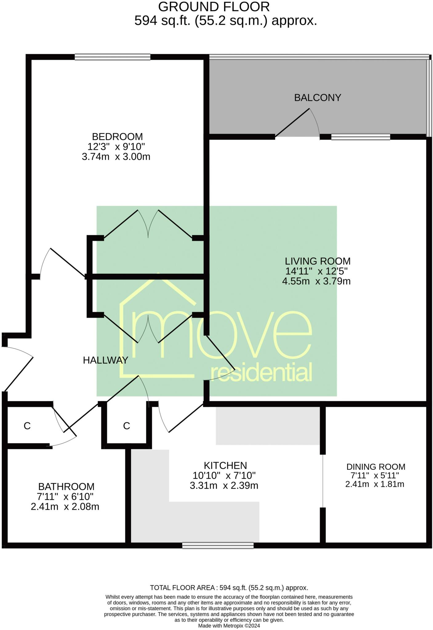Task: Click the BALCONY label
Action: [318, 98]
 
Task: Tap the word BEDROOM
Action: [117, 136]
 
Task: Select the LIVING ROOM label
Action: [318, 261]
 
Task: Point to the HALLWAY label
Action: [105, 360]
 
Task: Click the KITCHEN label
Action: [225, 465]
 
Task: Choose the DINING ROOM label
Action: [375, 467]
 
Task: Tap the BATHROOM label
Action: [66, 487]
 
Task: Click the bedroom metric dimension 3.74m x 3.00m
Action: [116, 157]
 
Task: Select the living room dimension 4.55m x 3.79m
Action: [316, 281]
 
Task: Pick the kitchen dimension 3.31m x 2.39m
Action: [224, 486]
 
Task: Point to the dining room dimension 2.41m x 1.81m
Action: [375, 484]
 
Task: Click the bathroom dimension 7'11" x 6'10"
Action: [66, 496]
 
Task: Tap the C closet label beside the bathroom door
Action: [27, 426]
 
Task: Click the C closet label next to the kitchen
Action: [126, 426]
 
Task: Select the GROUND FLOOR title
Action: [214, 7]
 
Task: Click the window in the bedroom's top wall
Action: [113, 57]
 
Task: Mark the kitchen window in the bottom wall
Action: [218, 546]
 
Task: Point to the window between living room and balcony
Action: [360, 137]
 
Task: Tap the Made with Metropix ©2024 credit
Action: [229, 626]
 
